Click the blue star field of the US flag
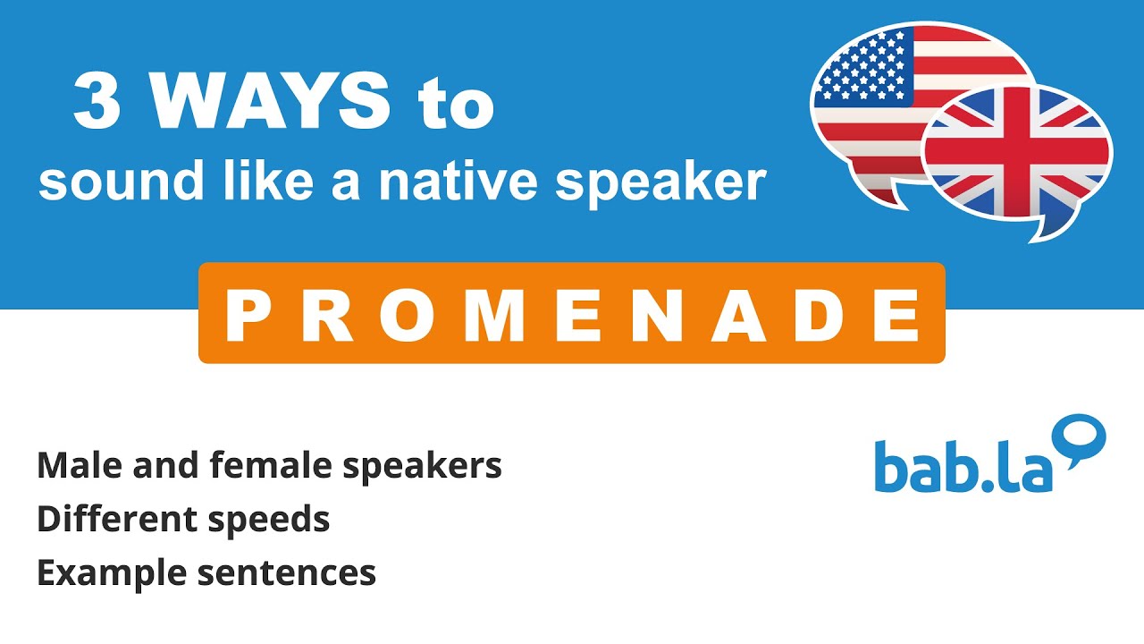[x=862, y=67]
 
